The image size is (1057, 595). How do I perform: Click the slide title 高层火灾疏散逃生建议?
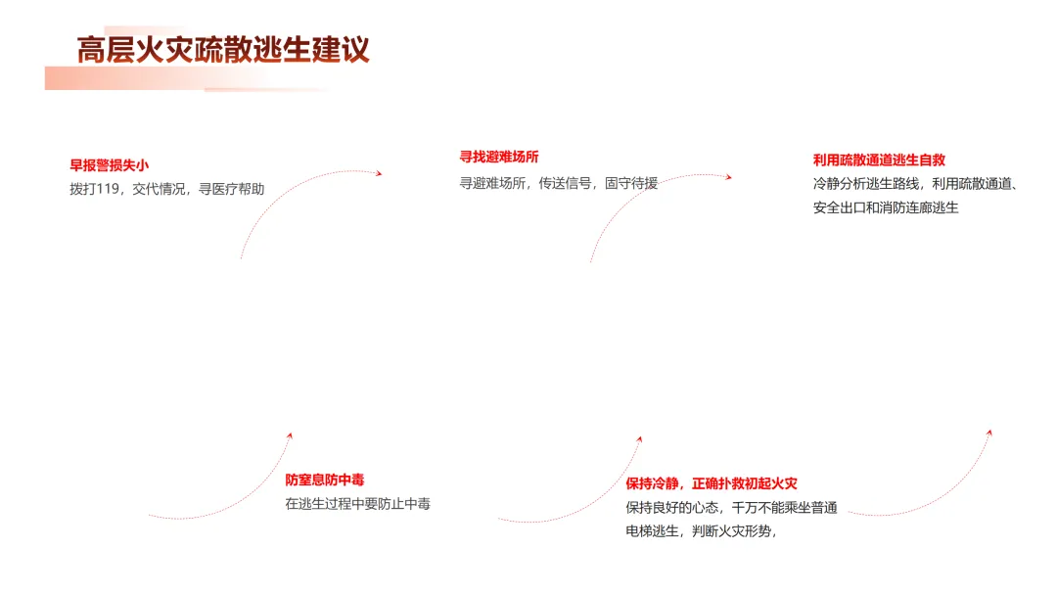(x=223, y=50)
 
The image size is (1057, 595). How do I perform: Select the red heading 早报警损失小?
(x=109, y=165)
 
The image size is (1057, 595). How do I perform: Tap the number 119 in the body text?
(x=109, y=189)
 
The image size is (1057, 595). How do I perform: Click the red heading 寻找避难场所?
(x=499, y=157)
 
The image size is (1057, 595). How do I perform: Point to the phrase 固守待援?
(x=631, y=182)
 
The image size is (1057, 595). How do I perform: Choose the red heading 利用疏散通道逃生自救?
(x=879, y=160)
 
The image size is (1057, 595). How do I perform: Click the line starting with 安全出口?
(x=885, y=207)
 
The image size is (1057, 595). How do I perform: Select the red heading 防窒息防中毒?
(x=325, y=480)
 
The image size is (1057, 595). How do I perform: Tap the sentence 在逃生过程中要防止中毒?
(x=357, y=504)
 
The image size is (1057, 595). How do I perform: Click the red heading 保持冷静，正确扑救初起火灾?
(x=712, y=483)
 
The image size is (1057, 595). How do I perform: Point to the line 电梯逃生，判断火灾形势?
(x=701, y=531)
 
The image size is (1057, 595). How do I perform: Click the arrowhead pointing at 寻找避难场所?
(x=378, y=173)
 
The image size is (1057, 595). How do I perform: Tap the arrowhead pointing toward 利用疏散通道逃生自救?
(x=727, y=177)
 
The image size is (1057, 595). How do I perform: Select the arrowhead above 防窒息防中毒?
(x=290, y=435)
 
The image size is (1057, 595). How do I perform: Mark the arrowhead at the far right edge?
(x=989, y=433)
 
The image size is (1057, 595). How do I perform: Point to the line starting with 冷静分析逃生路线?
(x=915, y=183)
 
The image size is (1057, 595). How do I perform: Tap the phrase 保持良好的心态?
(x=672, y=508)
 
